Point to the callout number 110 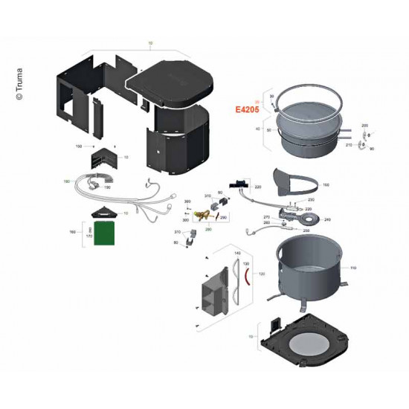(353, 268)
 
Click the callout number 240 (328, 220)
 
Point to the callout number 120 (261, 274)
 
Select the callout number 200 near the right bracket (364, 126)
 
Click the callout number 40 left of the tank (258, 129)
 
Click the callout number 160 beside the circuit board (73, 233)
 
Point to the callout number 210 (349, 146)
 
